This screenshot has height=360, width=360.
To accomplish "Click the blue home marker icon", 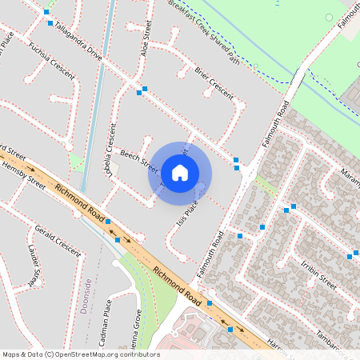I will [x=180, y=172].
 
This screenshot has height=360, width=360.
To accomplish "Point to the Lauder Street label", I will [x=34, y=267].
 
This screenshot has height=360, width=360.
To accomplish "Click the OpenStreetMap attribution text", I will [x=81, y=354].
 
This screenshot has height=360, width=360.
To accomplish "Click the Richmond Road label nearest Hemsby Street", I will [x=79, y=203].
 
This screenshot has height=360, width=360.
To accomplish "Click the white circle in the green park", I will [x=329, y=17].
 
